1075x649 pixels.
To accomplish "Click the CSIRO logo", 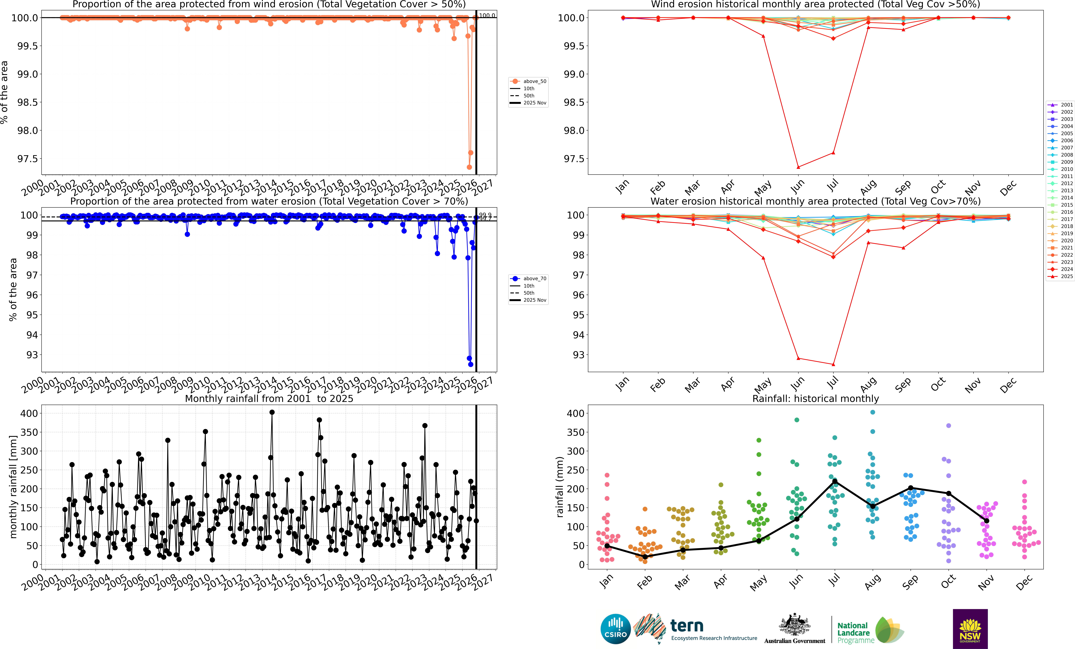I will [x=615, y=629].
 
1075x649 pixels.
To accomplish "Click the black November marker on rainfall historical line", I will [x=986, y=521].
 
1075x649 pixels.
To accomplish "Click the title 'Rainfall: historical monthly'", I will [x=815, y=399].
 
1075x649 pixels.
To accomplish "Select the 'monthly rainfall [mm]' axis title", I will [x=13, y=487].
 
